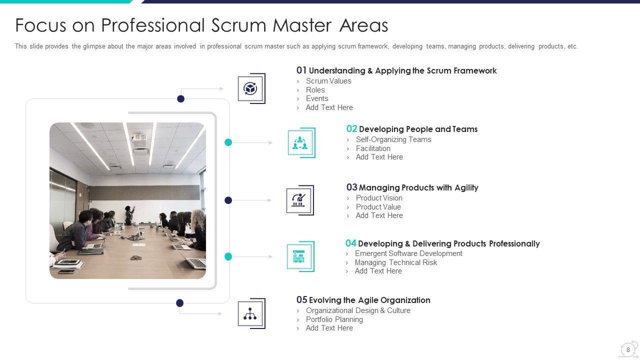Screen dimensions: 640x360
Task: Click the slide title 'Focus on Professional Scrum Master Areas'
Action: coord(201,25)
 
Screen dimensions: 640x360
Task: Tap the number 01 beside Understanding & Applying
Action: coord(301,70)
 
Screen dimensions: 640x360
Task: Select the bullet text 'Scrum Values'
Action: coord(328,81)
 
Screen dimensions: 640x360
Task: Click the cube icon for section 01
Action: coord(250,88)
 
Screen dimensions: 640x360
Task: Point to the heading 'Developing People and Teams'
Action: coord(418,129)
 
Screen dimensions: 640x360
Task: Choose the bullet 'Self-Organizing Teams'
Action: coord(393,139)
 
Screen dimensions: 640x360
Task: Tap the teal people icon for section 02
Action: coord(300,142)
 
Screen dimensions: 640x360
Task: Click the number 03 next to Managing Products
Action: coord(351,187)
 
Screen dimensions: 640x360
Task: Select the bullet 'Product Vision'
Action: coord(379,198)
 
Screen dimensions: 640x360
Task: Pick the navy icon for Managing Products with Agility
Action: coord(299,200)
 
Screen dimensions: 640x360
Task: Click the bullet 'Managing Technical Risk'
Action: coord(395,262)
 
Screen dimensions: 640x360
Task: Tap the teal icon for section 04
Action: coord(299,256)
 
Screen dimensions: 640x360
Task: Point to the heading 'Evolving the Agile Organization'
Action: coord(369,300)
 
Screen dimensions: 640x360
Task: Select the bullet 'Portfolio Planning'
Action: coord(334,319)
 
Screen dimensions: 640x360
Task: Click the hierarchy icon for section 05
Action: coord(250,313)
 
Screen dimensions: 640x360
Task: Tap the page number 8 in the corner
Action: coord(628,350)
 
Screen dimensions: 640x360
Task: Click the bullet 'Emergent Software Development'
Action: coord(408,253)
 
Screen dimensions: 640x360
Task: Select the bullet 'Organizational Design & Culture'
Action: coord(358,310)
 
